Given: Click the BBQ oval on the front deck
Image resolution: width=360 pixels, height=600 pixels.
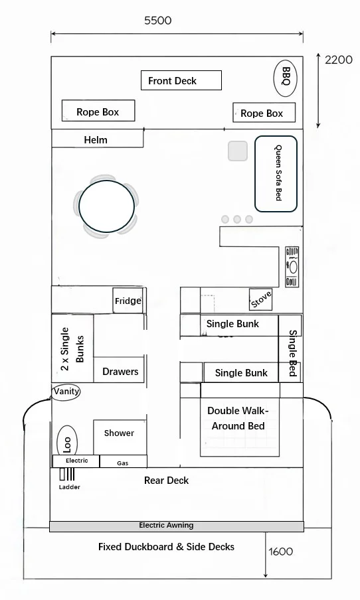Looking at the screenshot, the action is click(285, 78).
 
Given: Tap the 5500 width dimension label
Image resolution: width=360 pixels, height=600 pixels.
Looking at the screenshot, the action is click(158, 21).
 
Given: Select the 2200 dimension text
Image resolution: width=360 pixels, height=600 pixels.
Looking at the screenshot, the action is click(339, 60).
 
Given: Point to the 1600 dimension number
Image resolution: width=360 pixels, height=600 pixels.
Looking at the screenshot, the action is click(281, 552).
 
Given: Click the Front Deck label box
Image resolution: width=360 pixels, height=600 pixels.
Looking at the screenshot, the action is click(181, 80).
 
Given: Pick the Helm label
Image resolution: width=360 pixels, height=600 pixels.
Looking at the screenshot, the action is click(96, 140).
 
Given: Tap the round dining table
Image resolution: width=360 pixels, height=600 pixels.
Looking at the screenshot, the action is click(106, 206).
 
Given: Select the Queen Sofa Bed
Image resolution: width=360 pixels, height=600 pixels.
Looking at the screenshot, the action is click(276, 174).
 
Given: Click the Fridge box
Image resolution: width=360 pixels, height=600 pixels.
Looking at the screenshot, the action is click(128, 301).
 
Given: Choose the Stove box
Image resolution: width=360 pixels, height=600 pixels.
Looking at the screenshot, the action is click(261, 299).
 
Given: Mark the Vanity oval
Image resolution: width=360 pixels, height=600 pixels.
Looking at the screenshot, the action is click(66, 392).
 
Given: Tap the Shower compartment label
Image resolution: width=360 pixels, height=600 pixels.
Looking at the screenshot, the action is click(119, 433).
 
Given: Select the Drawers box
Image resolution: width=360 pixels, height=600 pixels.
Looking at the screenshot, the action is click(119, 370).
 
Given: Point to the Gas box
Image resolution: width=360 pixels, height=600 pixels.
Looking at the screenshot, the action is click(124, 461).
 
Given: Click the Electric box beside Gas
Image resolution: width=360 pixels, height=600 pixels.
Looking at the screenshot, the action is click(76, 461).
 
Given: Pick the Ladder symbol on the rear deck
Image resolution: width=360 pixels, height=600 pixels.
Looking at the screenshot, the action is click(67, 474).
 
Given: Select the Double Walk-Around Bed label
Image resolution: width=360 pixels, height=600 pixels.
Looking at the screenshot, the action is click(238, 418).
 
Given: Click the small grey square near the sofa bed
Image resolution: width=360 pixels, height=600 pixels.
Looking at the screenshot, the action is click(238, 151).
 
